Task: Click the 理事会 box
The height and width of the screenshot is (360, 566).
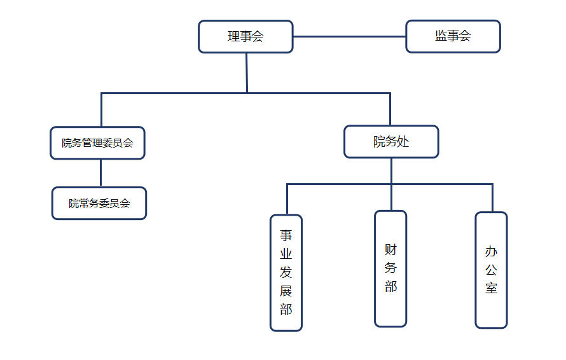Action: point(245,36)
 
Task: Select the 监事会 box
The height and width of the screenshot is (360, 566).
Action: point(453,36)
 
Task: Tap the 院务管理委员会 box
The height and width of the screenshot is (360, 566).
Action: point(97,142)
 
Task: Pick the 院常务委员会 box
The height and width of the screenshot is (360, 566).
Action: point(99,204)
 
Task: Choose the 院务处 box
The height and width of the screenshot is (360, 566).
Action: point(391,141)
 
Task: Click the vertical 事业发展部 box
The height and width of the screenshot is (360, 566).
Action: point(286,272)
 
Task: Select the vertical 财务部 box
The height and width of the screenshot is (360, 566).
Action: point(390,268)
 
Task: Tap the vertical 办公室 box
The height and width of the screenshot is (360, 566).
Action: point(491,270)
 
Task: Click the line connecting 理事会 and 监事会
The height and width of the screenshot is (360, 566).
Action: point(349,36)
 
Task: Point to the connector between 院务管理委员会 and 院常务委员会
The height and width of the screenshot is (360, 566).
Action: point(100,172)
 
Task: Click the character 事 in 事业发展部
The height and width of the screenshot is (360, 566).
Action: point(286,235)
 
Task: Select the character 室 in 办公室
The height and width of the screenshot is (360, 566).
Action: point(491,288)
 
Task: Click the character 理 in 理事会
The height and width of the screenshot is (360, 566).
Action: point(234,36)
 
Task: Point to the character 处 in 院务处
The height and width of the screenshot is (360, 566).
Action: point(403,141)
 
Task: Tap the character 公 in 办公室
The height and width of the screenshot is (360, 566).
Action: point(491,270)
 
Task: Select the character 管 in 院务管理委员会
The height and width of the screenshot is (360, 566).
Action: point(87,142)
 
